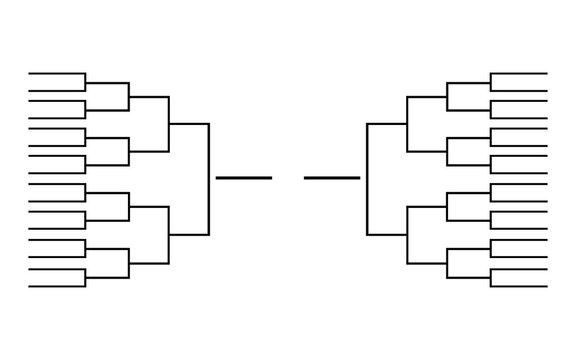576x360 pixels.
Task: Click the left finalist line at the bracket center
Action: pyautogui.click(x=243, y=178)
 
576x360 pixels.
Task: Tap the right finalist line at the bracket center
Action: pyautogui.click(x=332, y=178)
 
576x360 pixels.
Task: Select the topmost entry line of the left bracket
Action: pyautogui.click(x=56, y=74)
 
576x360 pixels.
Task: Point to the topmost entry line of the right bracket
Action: pyautogui.click(x=519, y=74)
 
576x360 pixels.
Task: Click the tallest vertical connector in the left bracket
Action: pyautogui.click(x=209, y=178)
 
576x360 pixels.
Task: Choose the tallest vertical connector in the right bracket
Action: pyautogui.click(x=367, y=178)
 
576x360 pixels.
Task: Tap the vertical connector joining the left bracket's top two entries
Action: pyautogui.click(x=86, y=81)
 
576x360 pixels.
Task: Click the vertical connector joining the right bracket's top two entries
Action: pyautogui.click(x=490, y=81)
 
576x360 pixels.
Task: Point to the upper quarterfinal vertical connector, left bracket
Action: pyautogui.click(x=169, y=123)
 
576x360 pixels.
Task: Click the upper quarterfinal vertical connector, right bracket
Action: pyautogui.click(x=407, y=123)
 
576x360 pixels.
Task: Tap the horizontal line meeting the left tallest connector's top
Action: pyautogui.click(x=189, y=123)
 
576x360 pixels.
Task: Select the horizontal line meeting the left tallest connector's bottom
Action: pyautogui.click(x=189, y=234)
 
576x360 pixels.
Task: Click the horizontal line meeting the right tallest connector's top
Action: pyautogui.click(x=387, y=123)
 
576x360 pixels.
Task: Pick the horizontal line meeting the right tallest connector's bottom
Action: pyautogui.click(x=387, y=234)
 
